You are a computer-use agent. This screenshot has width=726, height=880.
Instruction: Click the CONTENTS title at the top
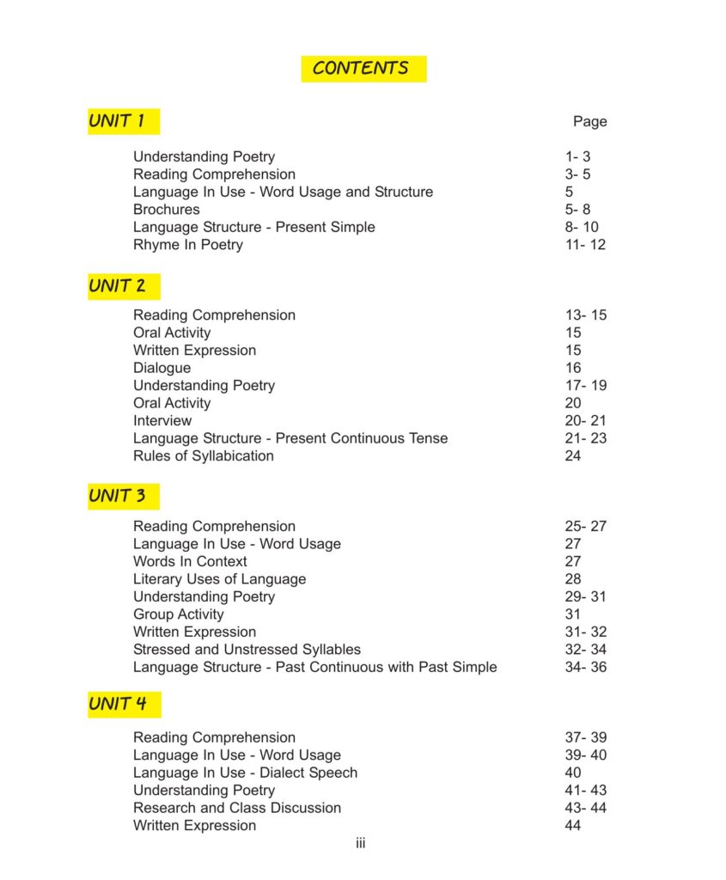(362, 69)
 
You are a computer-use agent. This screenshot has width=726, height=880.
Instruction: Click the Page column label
(589, 122)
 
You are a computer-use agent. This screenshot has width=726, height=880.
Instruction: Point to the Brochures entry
(167, 210)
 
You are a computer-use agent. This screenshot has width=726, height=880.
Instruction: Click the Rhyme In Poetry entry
(188, 245)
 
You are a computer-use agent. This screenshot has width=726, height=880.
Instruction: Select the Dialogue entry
(162, 368)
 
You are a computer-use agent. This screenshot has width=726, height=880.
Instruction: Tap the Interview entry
(162, 421)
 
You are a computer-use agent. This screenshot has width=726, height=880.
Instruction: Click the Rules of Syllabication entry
(204, 456)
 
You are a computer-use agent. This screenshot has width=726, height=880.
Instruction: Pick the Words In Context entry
(190, 562)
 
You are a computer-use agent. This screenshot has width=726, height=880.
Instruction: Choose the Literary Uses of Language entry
(219, 579)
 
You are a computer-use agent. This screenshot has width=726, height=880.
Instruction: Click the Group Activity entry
(179, 614)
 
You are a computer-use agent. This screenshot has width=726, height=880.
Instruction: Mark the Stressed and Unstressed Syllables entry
(247, 650)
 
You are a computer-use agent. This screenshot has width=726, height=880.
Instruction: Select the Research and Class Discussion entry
(237, 808)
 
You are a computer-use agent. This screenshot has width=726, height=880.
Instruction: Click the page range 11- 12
(585, 245)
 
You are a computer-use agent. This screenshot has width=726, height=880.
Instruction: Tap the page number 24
(573, 456)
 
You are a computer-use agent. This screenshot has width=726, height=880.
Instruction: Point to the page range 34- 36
(585, 668)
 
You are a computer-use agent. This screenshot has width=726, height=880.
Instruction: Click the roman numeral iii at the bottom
(361, 844)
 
